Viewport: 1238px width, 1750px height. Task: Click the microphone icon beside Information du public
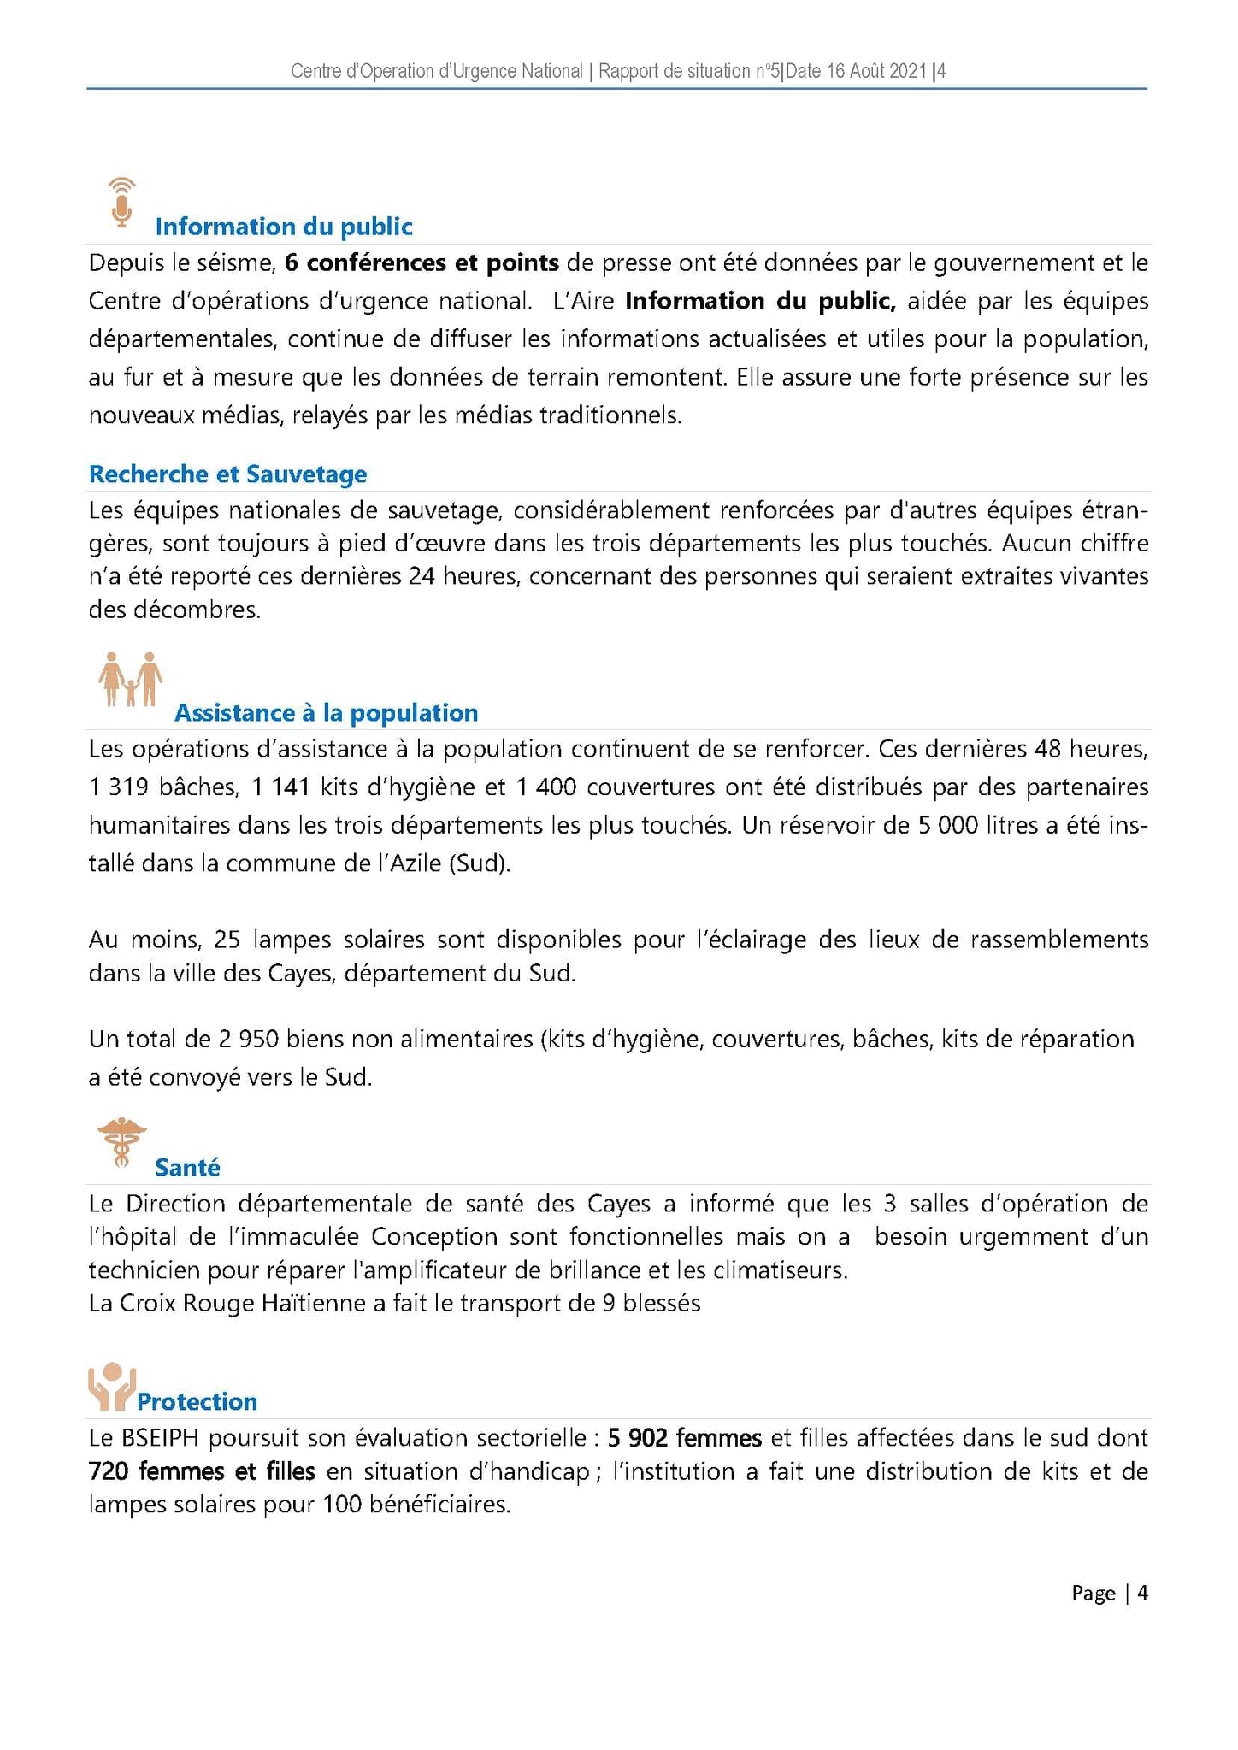123,203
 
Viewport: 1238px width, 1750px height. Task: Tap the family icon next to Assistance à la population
130,680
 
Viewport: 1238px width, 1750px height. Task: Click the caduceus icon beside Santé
122,1142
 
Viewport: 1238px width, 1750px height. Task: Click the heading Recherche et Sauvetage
227,474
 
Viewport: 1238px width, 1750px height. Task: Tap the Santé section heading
187,1168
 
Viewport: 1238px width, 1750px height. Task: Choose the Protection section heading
197,1402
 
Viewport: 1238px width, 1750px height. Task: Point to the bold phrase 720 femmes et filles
202,1472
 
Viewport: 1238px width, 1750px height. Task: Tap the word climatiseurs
779,1270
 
